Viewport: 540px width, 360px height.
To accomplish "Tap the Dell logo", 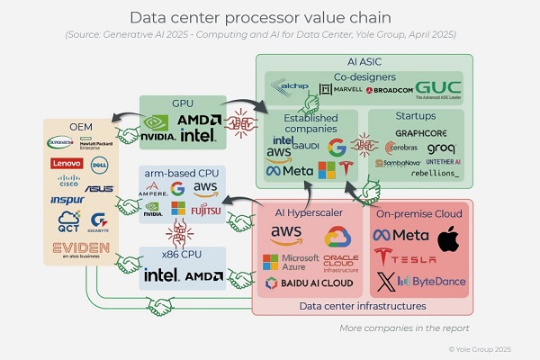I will (99, 165).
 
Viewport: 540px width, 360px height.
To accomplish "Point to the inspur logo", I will (67, 199).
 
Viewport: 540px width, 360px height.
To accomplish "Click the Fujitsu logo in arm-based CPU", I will (204, 211).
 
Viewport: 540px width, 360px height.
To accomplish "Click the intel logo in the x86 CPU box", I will (163, 275).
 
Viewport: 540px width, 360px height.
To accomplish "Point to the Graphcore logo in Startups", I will (420, 133).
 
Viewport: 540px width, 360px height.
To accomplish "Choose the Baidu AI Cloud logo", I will (301, 283).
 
